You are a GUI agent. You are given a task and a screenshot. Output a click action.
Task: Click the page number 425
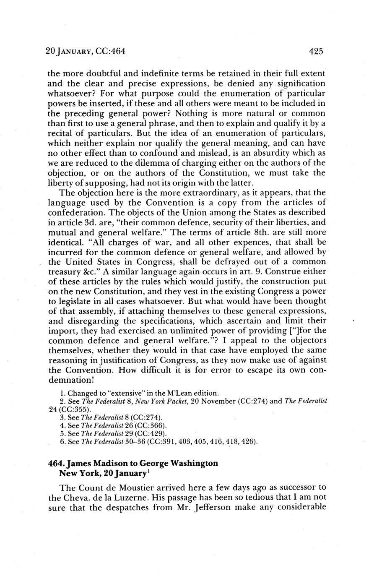pos(316,52)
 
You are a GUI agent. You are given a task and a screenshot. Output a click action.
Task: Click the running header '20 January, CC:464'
pos(85,52)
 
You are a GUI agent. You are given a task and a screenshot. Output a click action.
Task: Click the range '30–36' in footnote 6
pos(135,441)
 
